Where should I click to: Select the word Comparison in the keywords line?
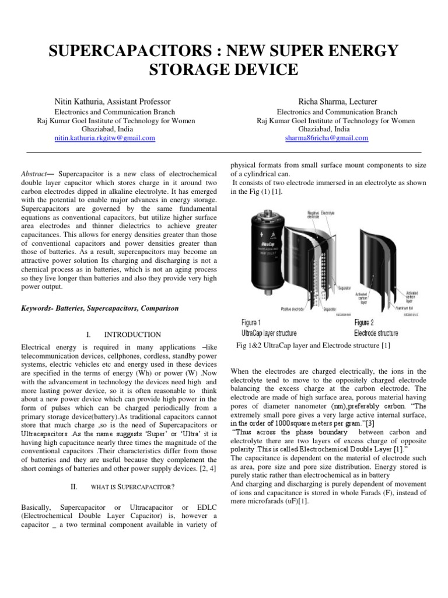click(x=159, y=308)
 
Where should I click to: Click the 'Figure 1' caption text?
click(x=251, y=322)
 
